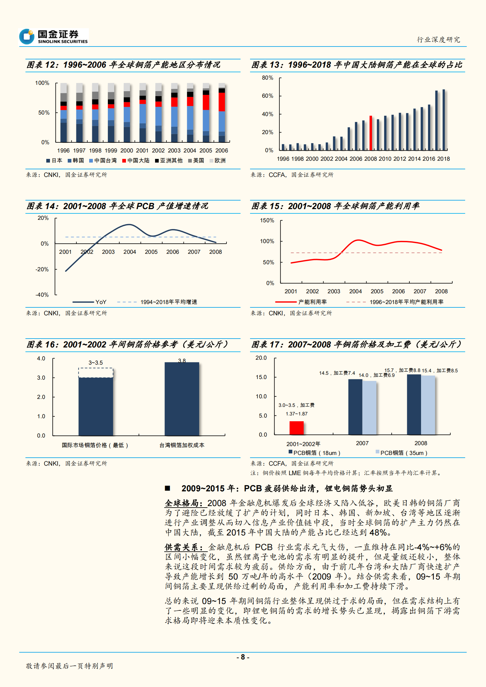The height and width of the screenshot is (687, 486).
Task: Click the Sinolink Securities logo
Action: pyautogui.click(x=54, y=36)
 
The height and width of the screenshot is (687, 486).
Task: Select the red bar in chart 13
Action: pyautogui.click(x=371, y=133)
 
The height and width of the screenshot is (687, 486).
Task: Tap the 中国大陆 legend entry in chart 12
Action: pyautogui.click(x=136, y=160)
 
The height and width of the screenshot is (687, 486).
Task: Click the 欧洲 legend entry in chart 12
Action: pyautogui.click(x=218, y=160)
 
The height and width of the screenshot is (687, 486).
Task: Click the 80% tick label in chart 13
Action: pyautogui.click(x=267, y=78)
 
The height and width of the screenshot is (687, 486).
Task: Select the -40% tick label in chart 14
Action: pyautogui.click(x=42, y=295)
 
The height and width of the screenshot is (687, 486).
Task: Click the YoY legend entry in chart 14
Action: pyautogui.click(x=90, y=302)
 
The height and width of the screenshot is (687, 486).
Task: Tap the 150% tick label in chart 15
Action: pyautogui.click(x=267, y=220)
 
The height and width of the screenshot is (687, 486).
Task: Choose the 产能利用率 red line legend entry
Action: pyautogui.click(x=301, y=302)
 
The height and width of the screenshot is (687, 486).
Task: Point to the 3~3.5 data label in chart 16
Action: pyautogui.click(x=96, y=363)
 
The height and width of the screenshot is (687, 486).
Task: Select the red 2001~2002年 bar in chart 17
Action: pyautogui.click(x=297, y=428)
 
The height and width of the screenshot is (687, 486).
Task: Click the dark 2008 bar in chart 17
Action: pyautogui.click(x=414, y=404)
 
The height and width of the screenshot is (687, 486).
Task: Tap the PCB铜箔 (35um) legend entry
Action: pyautogui.click(x=401, y=453)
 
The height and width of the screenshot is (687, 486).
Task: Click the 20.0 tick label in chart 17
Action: pyautogui.click(x=261, y=358)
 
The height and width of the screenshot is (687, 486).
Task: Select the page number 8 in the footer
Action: pyautogui.click(x=243, y=657)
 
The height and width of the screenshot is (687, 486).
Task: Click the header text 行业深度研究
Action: pyautogui.click(x=438, y=39)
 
